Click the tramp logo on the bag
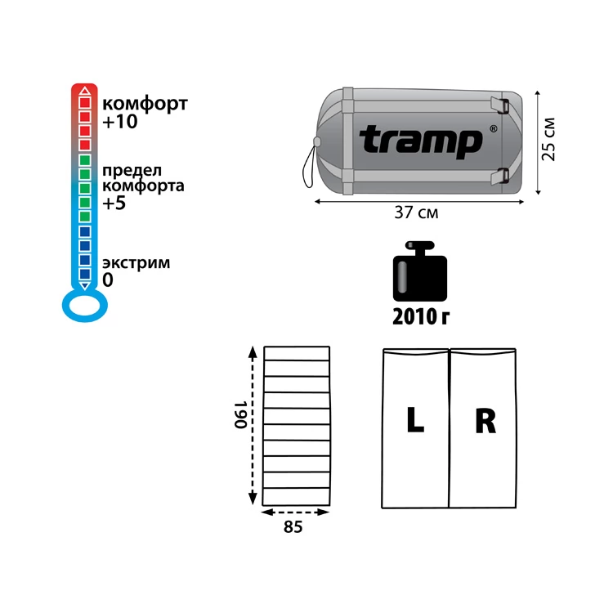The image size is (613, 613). pos(421,141)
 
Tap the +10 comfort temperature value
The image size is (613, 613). pos(120,121)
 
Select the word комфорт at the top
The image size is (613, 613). pos(145,104)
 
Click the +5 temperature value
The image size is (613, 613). pos(114,203)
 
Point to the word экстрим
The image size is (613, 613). pos(136,263)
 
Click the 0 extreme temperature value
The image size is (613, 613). pos(108,280)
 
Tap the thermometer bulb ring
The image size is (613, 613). pos(85,305)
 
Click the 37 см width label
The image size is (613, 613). pos(416,213)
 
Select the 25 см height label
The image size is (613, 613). pos(548,139)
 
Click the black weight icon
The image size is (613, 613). pos(420,271)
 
